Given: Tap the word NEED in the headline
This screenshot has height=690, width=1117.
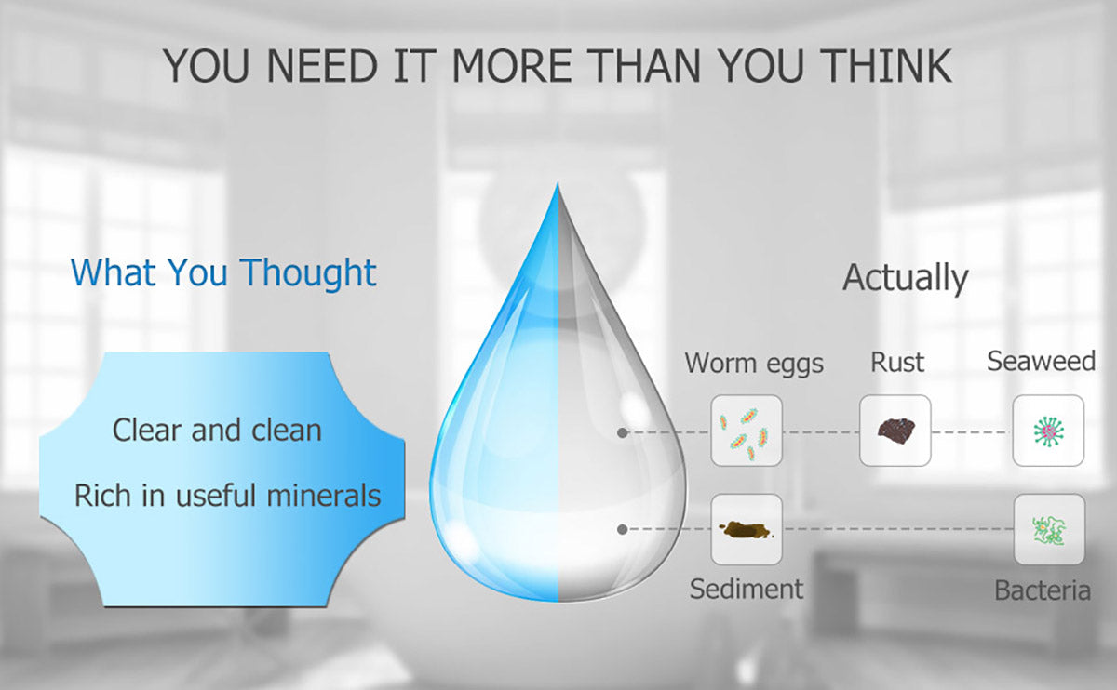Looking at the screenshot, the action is (322, 66).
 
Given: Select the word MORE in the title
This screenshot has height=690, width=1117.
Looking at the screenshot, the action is (512, 66).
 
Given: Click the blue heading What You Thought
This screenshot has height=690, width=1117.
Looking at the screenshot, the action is (223, 272).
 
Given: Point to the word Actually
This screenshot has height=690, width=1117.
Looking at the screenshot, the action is (906, 277).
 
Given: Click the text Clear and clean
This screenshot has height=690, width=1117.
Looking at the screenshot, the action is (217, 430).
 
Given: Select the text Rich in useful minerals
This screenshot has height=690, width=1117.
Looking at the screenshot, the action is (227, 496).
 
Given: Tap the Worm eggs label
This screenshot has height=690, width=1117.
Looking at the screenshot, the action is (754, 364).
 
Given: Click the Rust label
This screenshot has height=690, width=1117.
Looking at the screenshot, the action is (897, 362).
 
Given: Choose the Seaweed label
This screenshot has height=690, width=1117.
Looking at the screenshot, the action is (1042, 361).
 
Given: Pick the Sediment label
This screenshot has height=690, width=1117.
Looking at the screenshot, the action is (747, 589).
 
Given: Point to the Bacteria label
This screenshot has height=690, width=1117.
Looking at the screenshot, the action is (1043, 590).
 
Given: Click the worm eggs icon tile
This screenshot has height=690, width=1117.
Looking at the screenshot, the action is (747, 431).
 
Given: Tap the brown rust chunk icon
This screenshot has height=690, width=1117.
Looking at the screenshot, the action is (896, 430).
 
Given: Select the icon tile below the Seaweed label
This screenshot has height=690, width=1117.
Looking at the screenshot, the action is (1048, 431).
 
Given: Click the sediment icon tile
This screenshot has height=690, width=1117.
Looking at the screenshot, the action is (747, 529).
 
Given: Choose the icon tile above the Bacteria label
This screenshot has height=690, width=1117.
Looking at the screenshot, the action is (1049, 529).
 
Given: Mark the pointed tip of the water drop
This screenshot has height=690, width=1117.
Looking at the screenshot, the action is (558, 183).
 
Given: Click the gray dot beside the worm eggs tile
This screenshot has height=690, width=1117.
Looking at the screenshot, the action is (623, 433).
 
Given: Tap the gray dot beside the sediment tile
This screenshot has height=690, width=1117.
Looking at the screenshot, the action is (623, 529).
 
